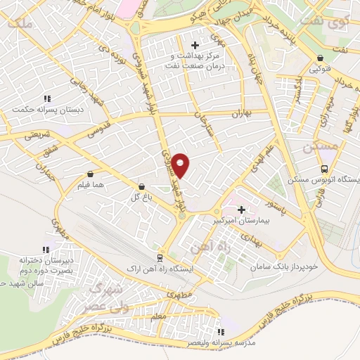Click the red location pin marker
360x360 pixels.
(181, 165)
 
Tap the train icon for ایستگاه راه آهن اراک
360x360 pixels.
(160, 258)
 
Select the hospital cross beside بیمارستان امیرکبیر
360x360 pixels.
(242, 209)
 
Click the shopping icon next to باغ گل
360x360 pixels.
(143, 187)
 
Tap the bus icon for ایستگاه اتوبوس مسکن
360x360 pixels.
(324, 169)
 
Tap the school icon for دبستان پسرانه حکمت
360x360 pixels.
(47, 98)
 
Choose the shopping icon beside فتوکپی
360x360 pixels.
(320, 58)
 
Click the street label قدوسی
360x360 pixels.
(79, 131)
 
